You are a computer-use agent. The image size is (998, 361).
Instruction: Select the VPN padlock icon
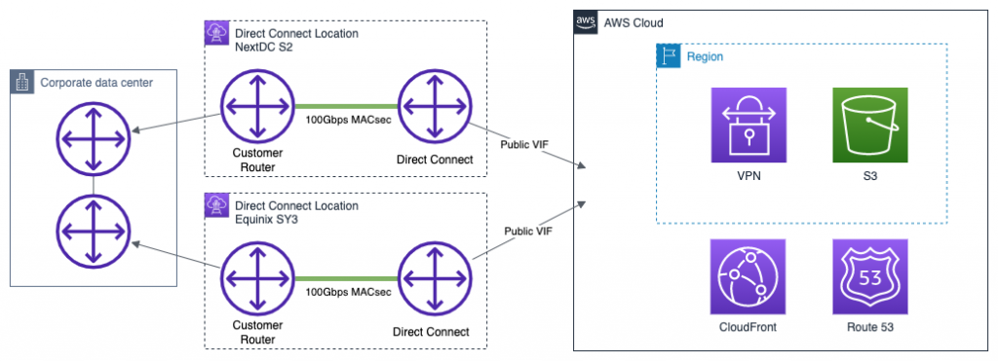pos(749,126)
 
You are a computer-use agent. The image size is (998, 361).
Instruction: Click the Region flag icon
pos(668,56)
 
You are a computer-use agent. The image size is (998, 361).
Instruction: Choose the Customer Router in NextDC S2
pos(256,106)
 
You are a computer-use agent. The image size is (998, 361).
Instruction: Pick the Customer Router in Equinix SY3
pos(256,280)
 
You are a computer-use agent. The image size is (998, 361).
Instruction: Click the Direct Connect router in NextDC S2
pos(434,106)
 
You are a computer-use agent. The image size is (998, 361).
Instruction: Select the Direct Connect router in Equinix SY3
pos(434,280)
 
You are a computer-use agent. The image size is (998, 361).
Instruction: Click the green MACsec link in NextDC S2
pos(345,106)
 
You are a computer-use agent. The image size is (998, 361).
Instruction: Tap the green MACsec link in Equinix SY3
pos(345,280)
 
